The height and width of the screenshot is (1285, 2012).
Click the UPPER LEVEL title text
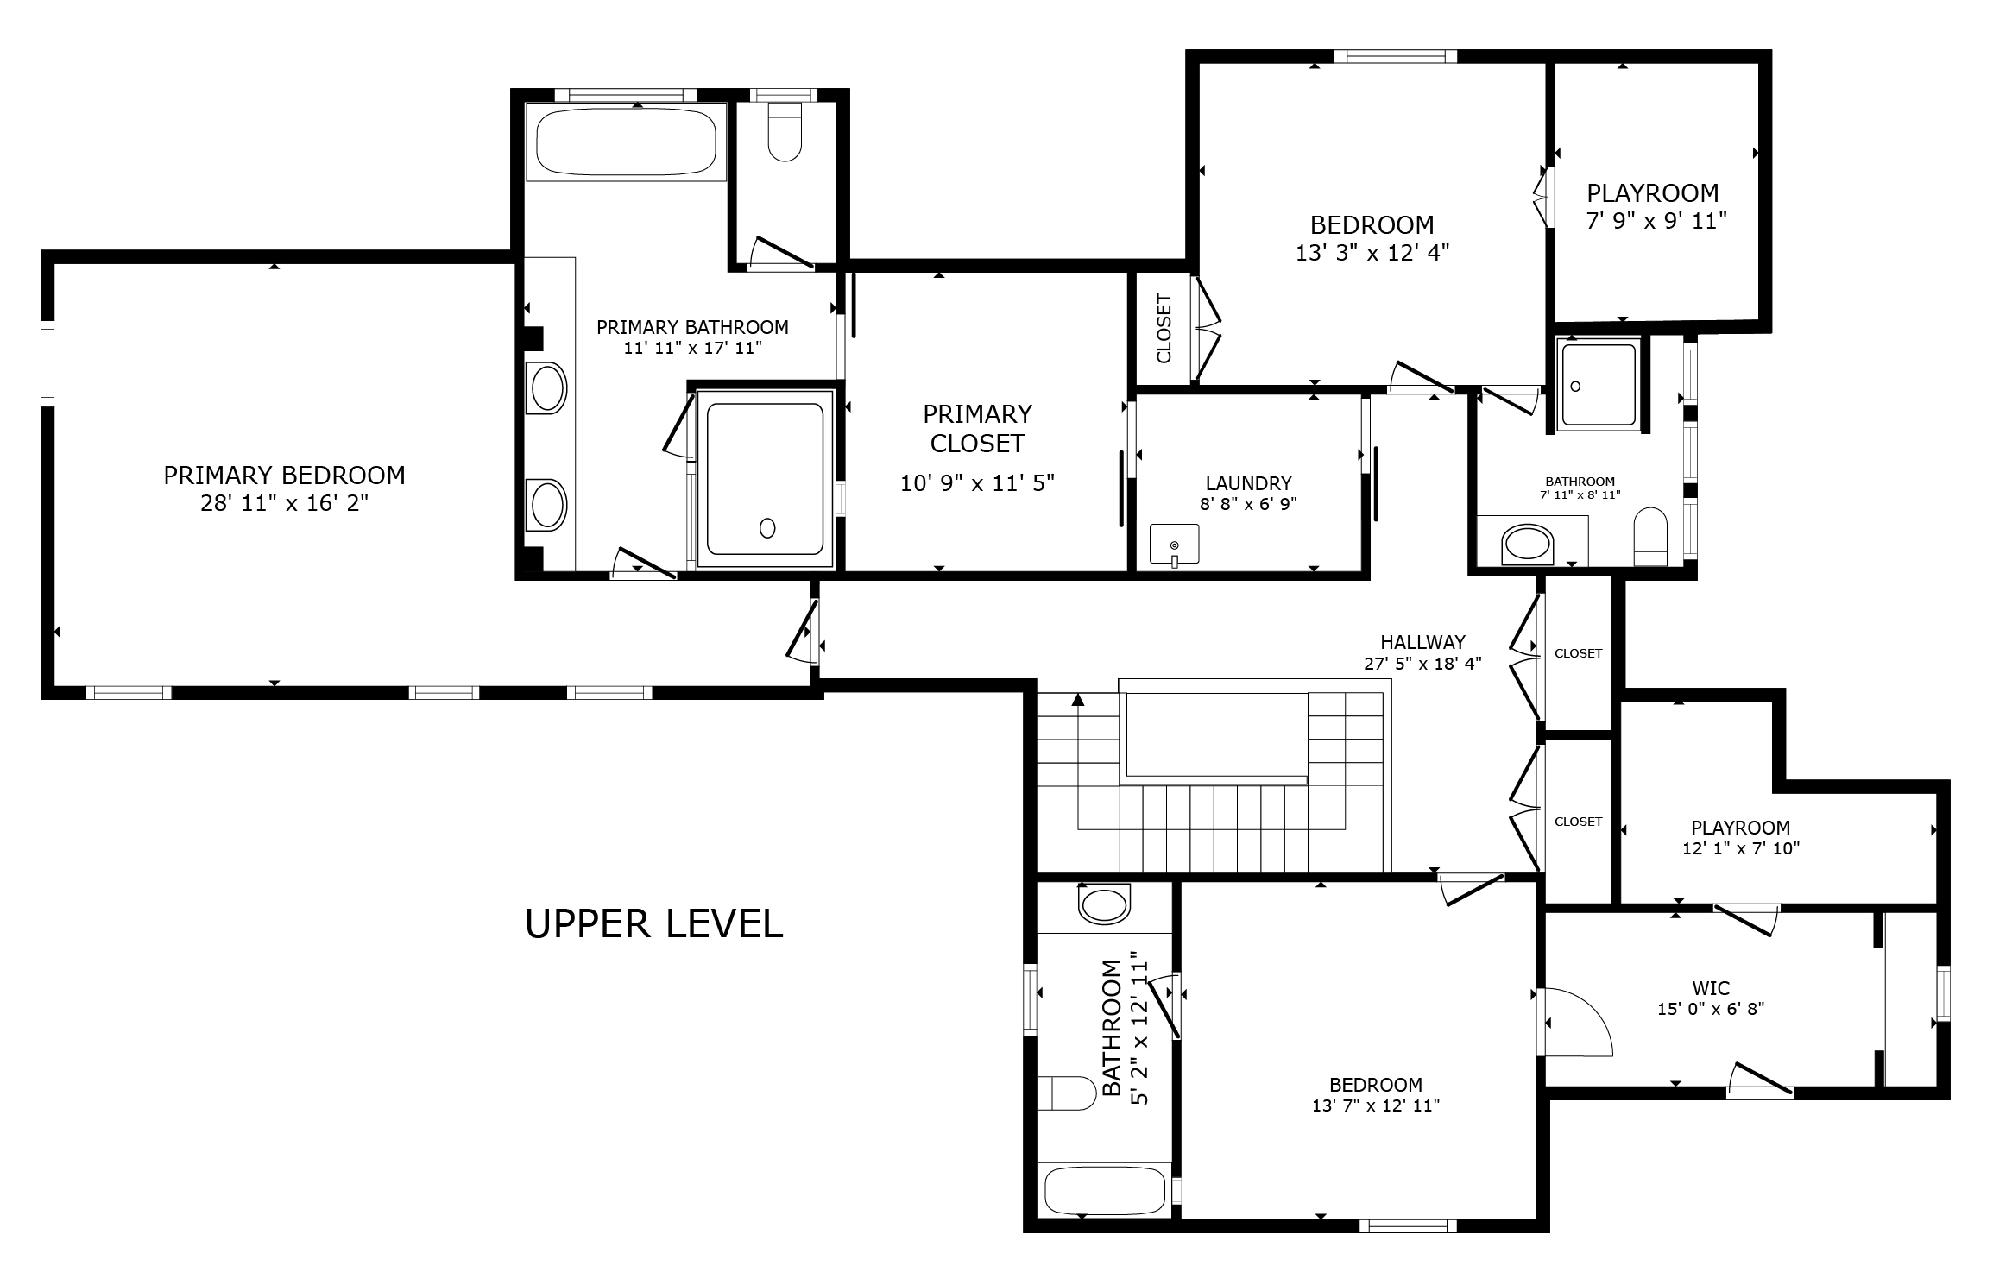(x=653, y=923)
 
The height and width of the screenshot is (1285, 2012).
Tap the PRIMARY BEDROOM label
(x=284, y=475)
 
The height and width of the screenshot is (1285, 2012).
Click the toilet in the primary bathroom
(x=785, y=132)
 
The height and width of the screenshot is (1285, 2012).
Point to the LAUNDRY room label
(x=1248, y=483)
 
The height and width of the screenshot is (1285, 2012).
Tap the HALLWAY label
(x=1422, y=642)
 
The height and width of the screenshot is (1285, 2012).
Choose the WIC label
(x=1711, y=988)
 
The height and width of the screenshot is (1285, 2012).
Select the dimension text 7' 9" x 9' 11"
(x=1656, y=221)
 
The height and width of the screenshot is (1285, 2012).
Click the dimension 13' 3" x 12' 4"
(x=1372, y=253)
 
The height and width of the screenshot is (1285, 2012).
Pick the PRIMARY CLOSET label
(x=977, y=428)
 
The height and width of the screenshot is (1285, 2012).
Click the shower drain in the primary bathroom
(x=767, y=528)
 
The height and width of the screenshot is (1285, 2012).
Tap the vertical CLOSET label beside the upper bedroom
(x=1164, y=329)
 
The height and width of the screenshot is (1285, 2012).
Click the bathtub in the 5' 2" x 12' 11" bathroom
(x=1104, y=1191)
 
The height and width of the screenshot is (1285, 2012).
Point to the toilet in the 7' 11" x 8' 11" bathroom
(x=1650, y=535)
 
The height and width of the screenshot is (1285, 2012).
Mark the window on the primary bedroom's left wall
(x=47, y=362)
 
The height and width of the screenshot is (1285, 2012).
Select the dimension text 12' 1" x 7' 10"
(x=1740, y=848)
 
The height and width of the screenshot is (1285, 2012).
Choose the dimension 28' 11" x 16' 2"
(x=284, y=503)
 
